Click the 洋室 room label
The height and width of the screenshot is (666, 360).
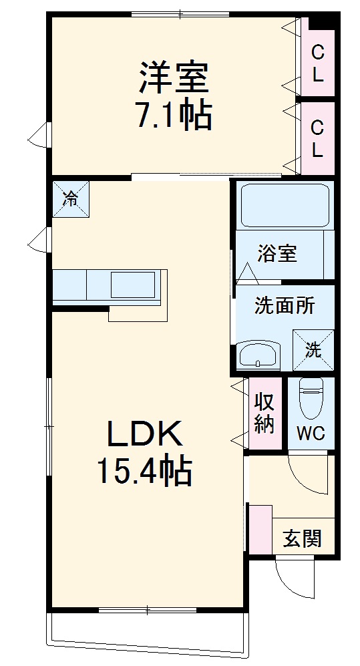click(174, 78)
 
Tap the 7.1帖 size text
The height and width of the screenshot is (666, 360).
click(174, 116)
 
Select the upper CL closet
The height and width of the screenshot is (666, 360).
click(317, 62)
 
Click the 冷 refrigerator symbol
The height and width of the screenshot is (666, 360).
click(70, 198)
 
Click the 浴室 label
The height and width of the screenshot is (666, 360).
click(277, 254)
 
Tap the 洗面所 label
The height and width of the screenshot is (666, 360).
click(285, 306)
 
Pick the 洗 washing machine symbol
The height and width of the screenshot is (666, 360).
click(313, 348)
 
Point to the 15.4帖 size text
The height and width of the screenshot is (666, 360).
click(145, 472)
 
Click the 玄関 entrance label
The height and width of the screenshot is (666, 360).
click(303, 538)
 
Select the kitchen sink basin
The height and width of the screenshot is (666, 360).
click(134, 285)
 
